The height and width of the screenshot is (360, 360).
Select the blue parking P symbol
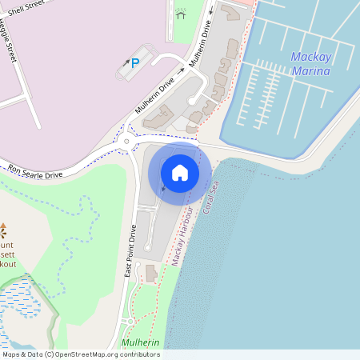(134, 63)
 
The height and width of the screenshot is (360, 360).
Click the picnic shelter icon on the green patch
(181, 14)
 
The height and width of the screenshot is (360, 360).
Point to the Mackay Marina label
(310, 64)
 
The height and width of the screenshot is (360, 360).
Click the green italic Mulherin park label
(141, 343)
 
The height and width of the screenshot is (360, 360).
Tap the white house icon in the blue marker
(180, 172)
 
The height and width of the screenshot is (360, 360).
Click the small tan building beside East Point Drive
(151, 274)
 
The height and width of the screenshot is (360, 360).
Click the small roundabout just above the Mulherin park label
(130, 322)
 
